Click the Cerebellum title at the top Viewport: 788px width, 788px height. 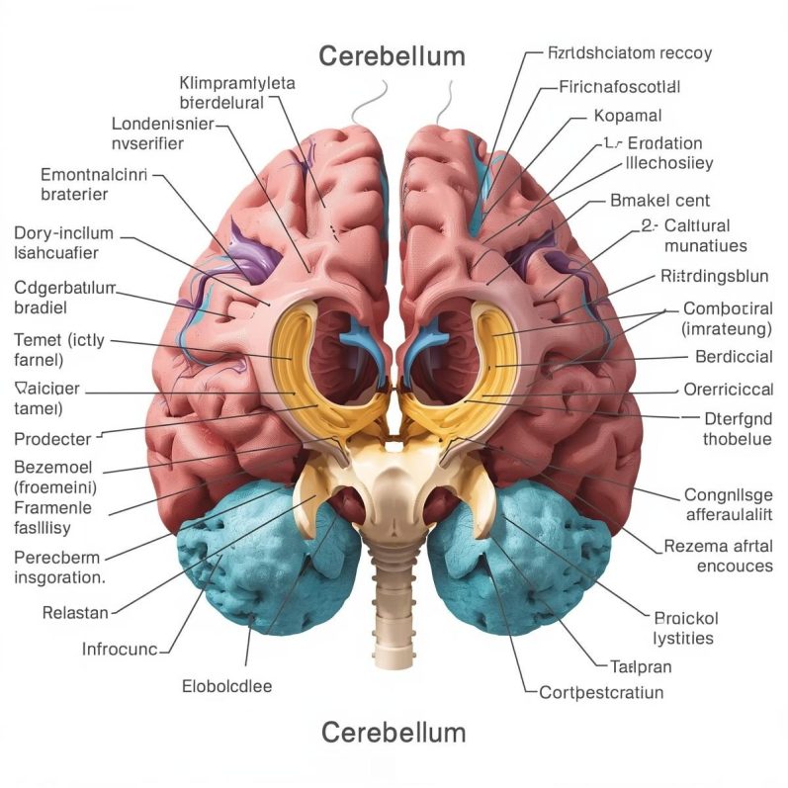[x=393, y=55]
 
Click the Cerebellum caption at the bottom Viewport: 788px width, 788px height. [x=393, y=733]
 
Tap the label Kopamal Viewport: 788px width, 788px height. [x=628, y=116]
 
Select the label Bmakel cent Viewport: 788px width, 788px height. [x=661, y=201]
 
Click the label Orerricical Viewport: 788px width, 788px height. [x=728, y=389]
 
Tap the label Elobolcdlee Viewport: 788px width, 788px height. [x=227, y=685]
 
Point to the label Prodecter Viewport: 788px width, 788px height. [x=53, y=438]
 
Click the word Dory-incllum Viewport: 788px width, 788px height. [x=64, y=233]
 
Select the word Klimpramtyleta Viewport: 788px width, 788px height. [x=237, y=83]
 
